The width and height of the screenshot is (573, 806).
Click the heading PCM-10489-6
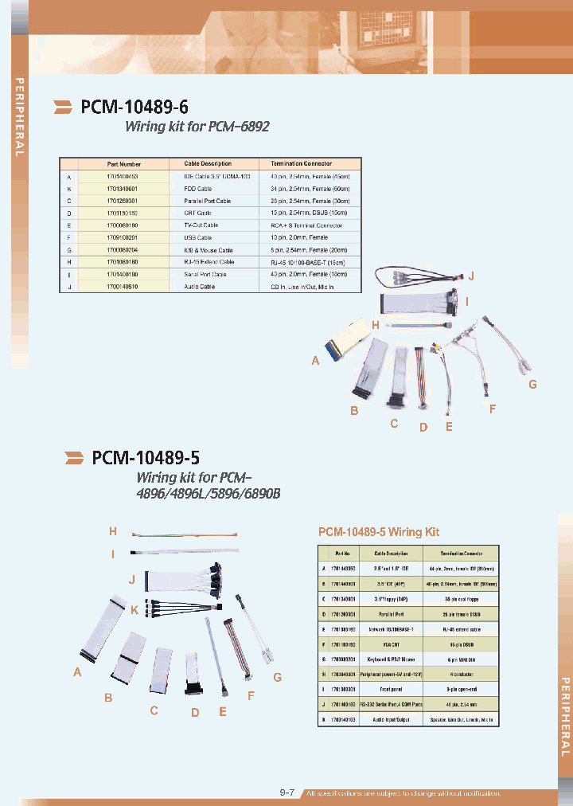[134, 106]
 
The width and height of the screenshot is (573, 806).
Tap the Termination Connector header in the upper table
[302, 163]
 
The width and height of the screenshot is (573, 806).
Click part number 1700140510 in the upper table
[122, 287]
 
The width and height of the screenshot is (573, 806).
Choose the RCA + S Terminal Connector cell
[306, 225]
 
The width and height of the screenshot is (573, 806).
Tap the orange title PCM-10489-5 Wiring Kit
[379, 531]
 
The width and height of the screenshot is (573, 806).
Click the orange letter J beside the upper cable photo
[471, 276]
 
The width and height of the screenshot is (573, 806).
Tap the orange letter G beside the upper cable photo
[532, 384]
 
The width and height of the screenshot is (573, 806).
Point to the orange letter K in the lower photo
[134, 611]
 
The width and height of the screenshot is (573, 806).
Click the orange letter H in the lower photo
[113, 531]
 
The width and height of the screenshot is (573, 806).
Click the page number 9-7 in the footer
[288, 793]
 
